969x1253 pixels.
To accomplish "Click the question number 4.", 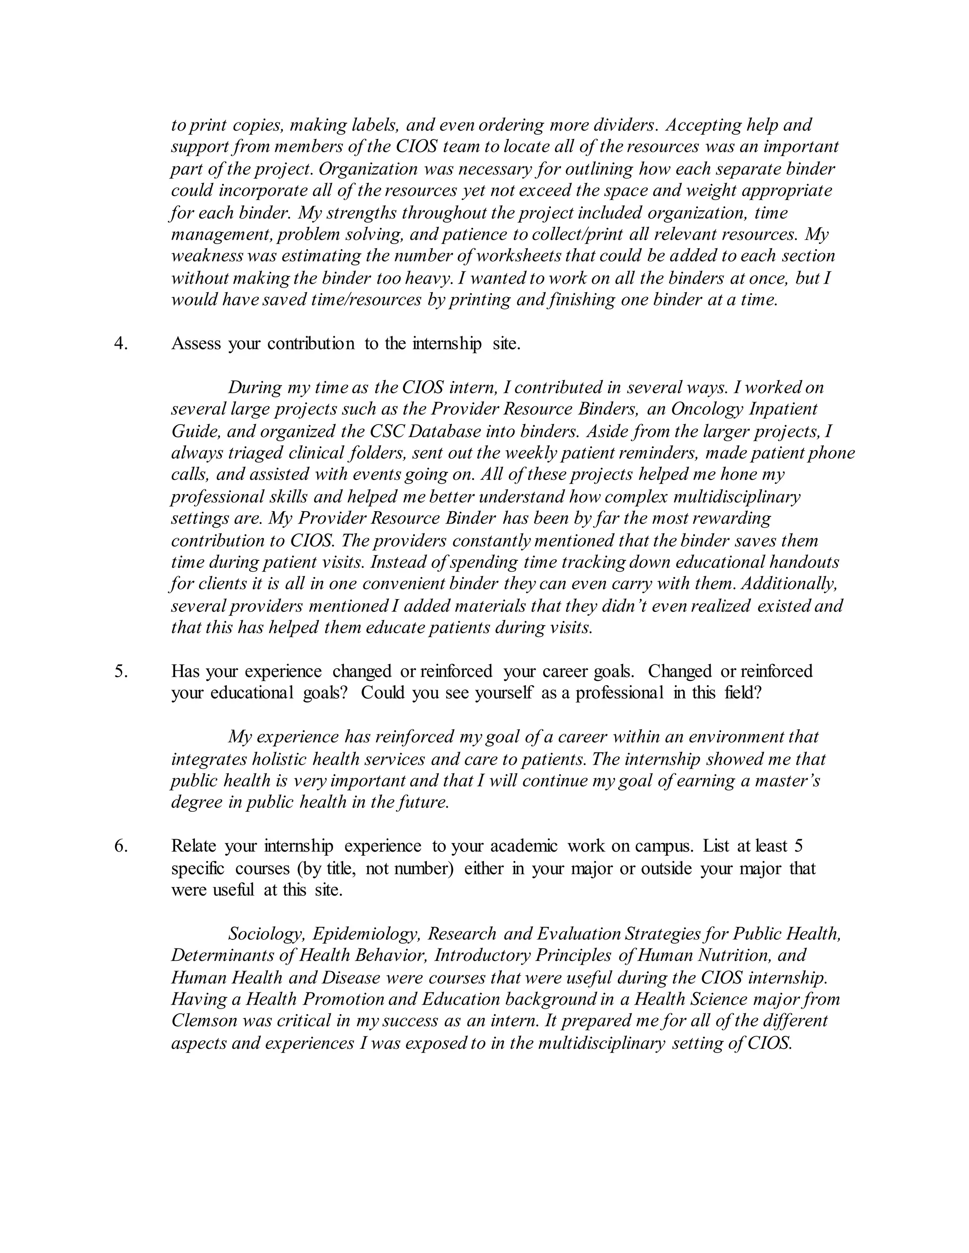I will click(121, 344).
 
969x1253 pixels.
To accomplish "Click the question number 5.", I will click(121, 671).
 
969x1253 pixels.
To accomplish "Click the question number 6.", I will click(121, 846).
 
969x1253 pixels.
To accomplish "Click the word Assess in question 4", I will click(196, 344).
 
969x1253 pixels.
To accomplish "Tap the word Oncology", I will click(707, 409).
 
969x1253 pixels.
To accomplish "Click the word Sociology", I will click(266, 934).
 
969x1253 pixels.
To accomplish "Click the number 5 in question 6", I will click(799, 846).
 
